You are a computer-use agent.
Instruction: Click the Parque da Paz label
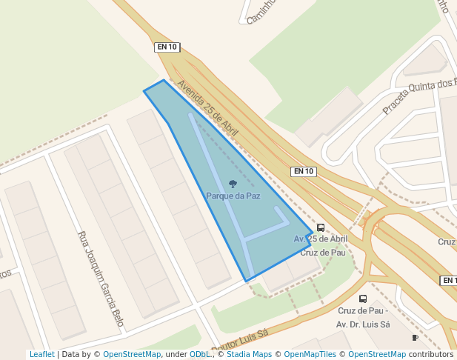(x=233, y=196)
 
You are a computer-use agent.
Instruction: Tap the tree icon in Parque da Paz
(x=233, y=184)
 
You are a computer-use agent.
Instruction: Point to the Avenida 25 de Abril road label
(x=208, y=107)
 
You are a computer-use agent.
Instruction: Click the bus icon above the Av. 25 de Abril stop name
(x=321, y=228)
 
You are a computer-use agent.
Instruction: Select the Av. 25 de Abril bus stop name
(x=321, y=239)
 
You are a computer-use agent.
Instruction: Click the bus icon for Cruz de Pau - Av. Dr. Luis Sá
(x=363, y=299)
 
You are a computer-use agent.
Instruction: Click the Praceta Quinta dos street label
(x=419, y=96)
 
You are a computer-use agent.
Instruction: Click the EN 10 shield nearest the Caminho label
(x=167, y=47)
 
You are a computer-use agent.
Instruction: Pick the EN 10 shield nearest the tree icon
(x=304, y=171)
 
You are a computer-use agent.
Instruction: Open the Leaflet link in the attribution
(x=41, y=355)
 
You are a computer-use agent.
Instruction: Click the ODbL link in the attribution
(x=199, y=355)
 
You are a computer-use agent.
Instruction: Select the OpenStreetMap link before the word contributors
(x=377, y=355)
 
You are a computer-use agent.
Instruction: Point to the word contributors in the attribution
(x=431, y=355)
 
